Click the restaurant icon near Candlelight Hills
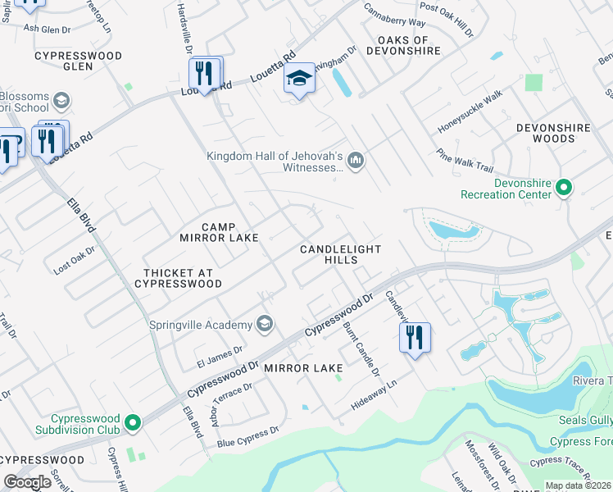pos(415,337)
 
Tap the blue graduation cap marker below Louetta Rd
pos(299,80)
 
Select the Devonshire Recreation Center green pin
pos(563,188)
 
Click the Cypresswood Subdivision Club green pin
pos(131,424)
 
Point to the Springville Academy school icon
pos(264,324)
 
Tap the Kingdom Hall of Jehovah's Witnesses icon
pos(356,159)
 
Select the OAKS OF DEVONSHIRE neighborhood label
pos(402,46)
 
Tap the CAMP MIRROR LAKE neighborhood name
pos(219,232)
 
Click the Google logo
pos(27,481)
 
